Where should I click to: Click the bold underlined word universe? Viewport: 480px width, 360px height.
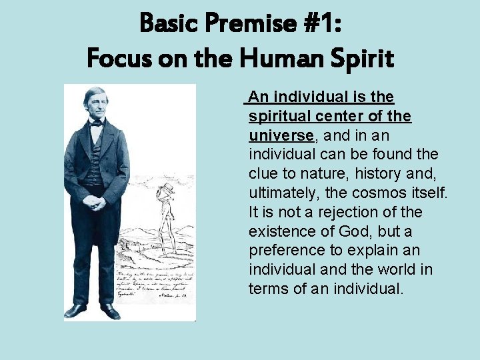point(281,135)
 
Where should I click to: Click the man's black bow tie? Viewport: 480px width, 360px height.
point(97,123)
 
